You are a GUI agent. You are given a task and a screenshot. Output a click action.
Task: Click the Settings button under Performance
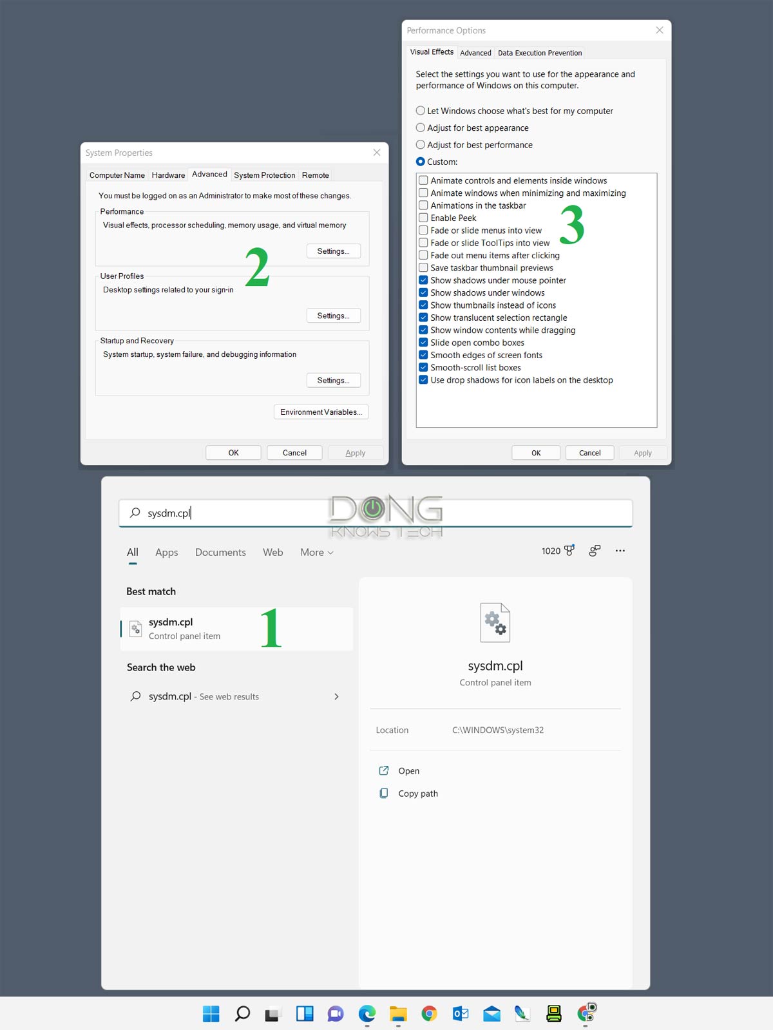click(x=333, y=251)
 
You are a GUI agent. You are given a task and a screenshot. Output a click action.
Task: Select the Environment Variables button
click(x=321, y=412)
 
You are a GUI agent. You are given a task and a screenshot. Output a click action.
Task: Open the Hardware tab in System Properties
click(x=168, y=175)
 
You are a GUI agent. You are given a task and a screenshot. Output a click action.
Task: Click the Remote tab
click(x=315, y=175)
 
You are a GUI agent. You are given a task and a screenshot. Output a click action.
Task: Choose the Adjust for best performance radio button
click(x=421, y=145)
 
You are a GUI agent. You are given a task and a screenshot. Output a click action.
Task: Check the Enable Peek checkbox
click(x=423, y=218)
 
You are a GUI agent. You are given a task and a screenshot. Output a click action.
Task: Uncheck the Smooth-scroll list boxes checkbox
click(x=423, y=367)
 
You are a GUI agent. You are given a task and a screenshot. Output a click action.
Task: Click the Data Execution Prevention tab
click(x=539, y=53)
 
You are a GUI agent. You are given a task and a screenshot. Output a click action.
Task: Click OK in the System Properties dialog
click(x=233, y=453)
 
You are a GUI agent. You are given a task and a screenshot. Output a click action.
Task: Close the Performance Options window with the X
click(x=659, y=30)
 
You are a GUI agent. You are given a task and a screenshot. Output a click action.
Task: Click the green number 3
click(x=571, y=224)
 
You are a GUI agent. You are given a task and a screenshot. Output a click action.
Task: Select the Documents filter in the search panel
click(x=220, y=552)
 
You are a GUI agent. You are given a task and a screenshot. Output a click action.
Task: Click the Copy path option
click(x=417, y=794)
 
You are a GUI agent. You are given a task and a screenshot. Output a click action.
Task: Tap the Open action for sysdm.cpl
click(x=408, y=771)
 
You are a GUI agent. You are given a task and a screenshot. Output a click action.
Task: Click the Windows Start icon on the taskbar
click(x=211, y=1013)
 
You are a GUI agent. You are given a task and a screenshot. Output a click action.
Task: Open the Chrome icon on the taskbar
click(x=429, y=1013)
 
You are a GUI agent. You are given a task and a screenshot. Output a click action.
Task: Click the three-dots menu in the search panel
click(x=620, y=551)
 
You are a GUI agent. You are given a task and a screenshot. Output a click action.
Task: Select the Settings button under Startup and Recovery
click(x=333, y=381)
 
